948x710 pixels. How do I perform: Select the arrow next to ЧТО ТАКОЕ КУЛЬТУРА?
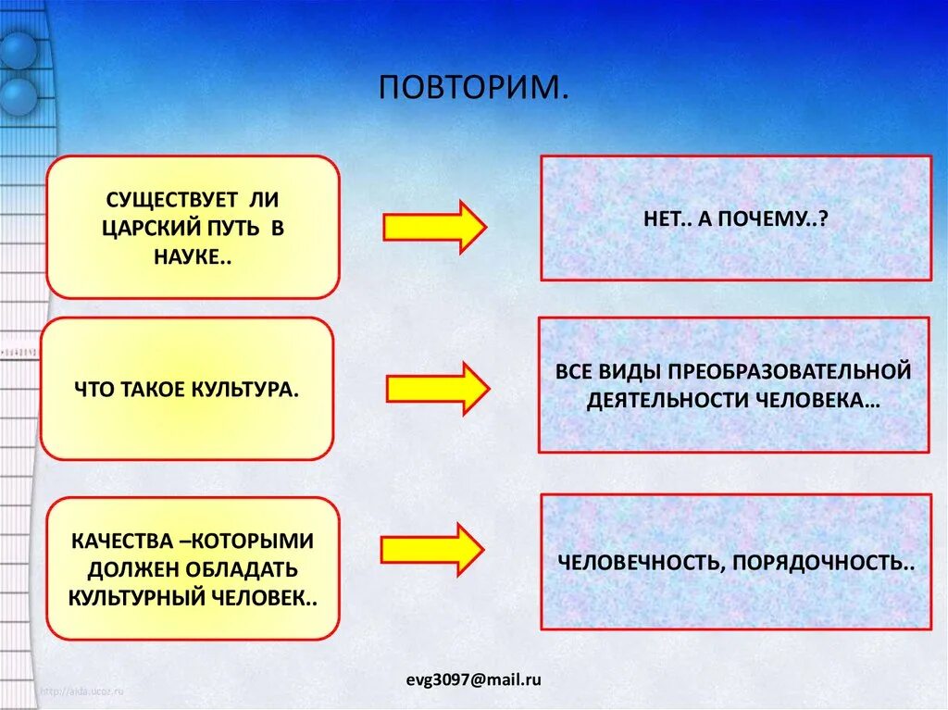click(x=437, y=389)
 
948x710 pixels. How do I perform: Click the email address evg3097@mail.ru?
click(x=473, y=679)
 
